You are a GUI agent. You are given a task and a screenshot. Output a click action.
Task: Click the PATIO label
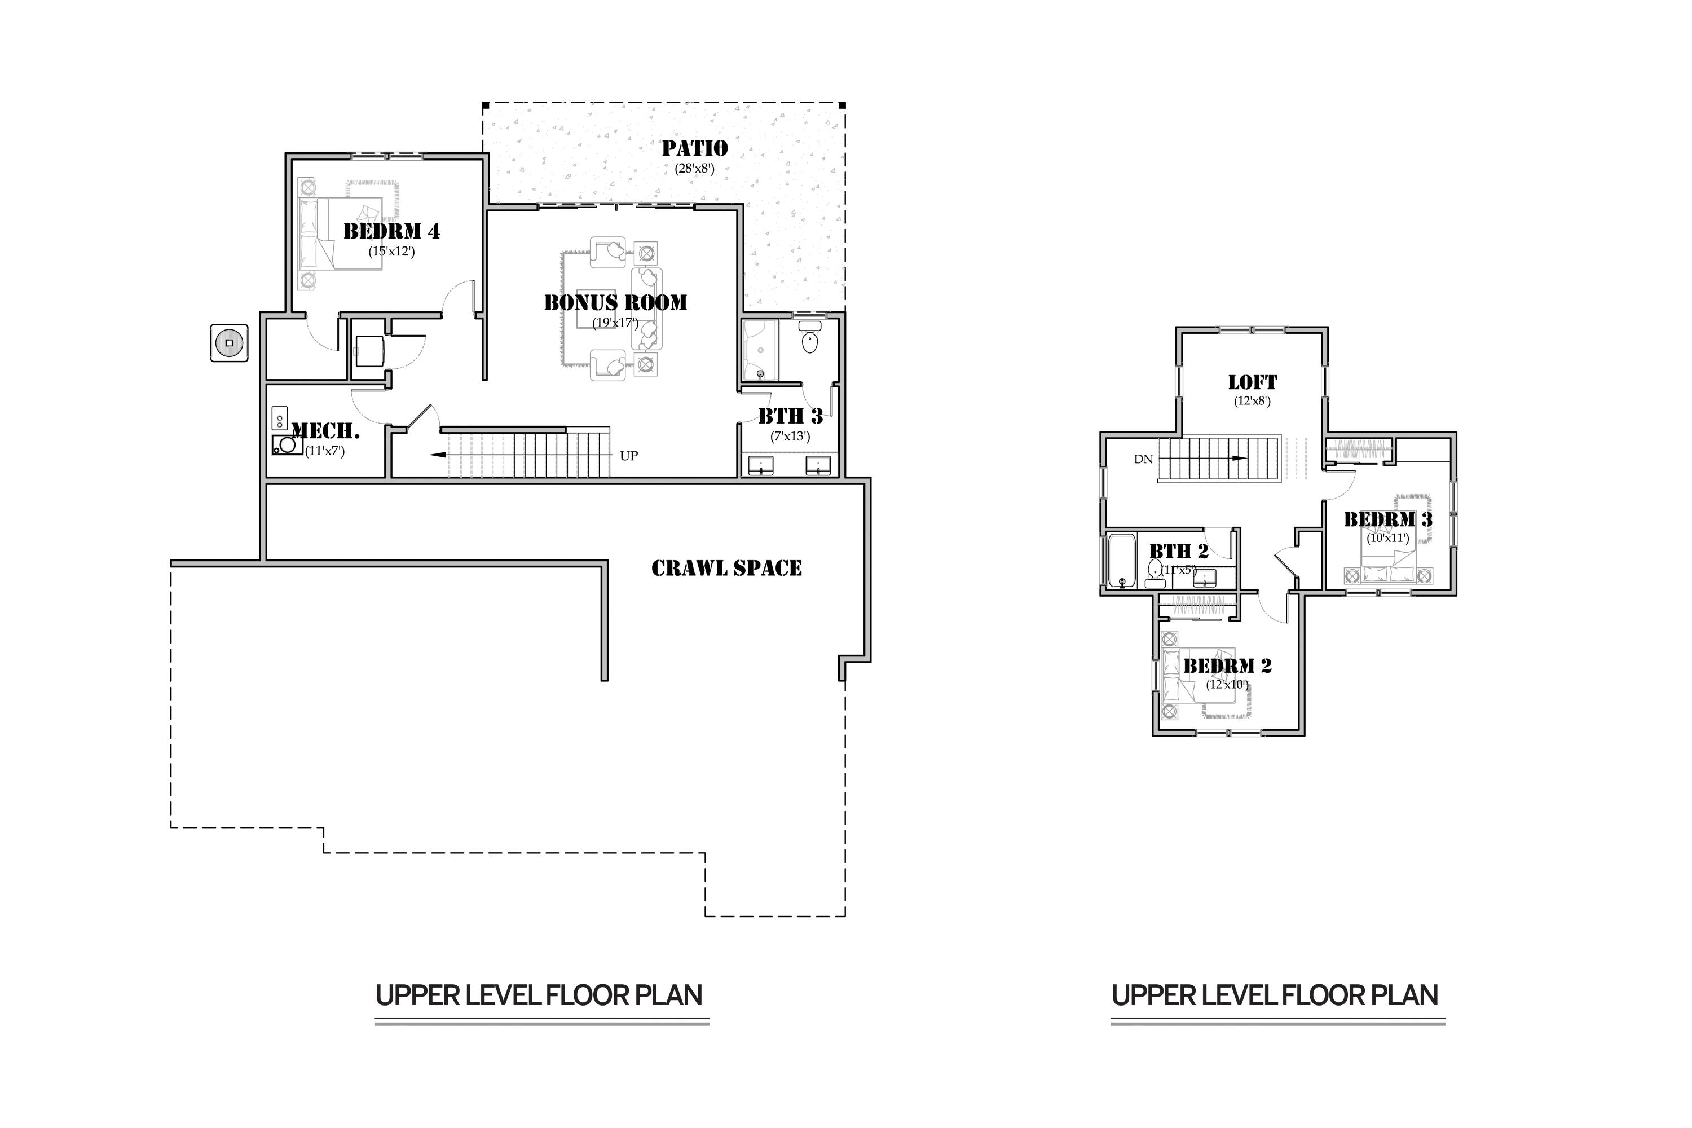694,148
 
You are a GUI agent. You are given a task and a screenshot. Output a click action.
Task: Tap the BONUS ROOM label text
615,303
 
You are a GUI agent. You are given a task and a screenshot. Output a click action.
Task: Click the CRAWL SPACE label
726,569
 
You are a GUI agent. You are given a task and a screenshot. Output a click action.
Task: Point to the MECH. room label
326,431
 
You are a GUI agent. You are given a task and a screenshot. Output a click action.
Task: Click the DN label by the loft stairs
1143,459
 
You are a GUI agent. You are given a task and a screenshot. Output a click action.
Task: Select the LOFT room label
1253,383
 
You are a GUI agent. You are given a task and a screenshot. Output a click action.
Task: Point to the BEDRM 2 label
1227,666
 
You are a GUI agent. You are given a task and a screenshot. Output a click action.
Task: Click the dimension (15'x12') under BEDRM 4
391,252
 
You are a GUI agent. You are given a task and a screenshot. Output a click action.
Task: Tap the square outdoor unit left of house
230,343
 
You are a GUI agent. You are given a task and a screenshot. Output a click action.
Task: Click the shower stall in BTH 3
760,351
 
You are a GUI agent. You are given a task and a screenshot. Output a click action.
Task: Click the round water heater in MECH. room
288,444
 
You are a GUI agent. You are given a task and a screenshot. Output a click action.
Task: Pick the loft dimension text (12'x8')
1253,402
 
